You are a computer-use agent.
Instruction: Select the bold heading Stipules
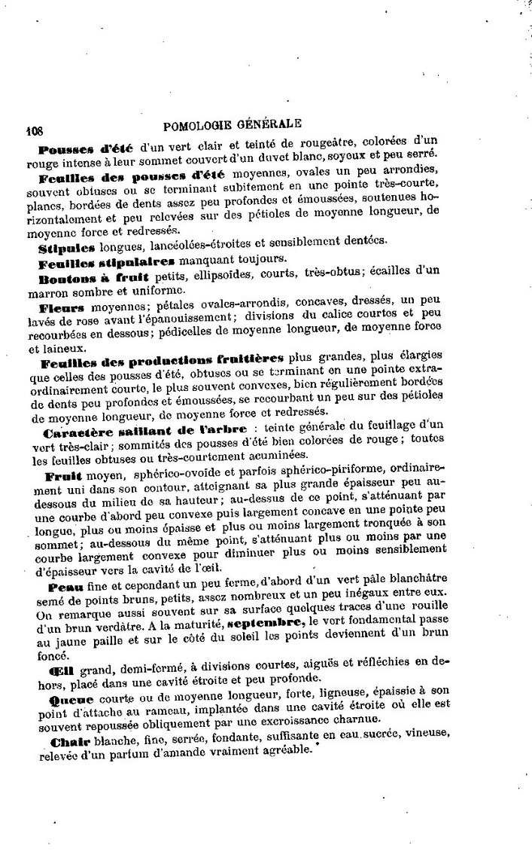coord(66,246)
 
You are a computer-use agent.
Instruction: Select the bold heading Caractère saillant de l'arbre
coord(133,432)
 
